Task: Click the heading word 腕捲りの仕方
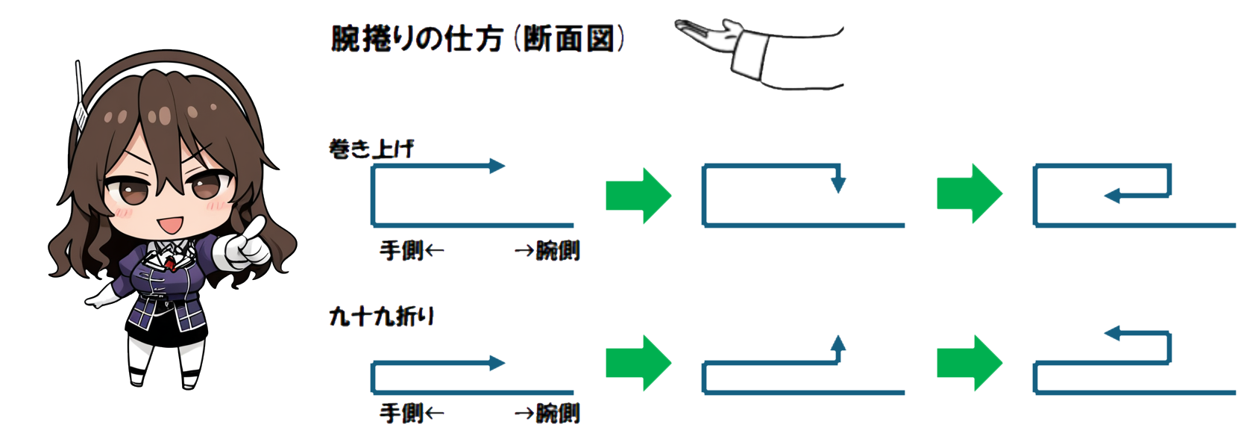(x=418, y=40)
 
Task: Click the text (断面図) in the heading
(x=569, y=40)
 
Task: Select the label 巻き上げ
(x=371, y=149)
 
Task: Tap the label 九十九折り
(x=382, y=317)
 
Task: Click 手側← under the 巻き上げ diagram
(x=412, y=251)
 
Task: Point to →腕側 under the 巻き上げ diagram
(x=547, y=251)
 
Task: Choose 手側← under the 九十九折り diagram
(x=412, y=413)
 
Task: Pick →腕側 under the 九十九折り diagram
(x=547, y=413)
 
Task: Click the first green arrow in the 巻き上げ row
(x=638, y=195)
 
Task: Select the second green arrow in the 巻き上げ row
(x=970, y=194)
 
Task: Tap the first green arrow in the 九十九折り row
(x=638, y=364)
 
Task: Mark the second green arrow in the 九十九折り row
(x=970, y=364)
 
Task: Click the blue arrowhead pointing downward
(x=838, y=184)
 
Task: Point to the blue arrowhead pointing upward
(x=838, y=343)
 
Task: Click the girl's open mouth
(x=170, y=225)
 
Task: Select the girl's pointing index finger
(x=255, y=227)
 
